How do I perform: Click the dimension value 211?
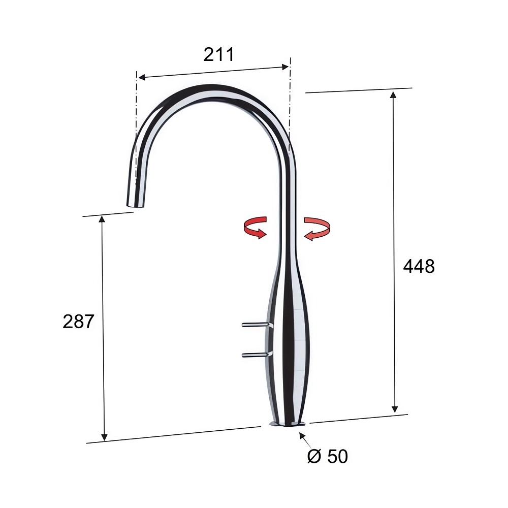pos(218,54)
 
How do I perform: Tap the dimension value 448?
pos(419,267)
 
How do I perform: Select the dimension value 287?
pos(78,322)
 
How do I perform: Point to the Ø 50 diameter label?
pos(327,456)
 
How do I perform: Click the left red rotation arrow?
pos(255,228)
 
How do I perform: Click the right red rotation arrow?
pos(317,229)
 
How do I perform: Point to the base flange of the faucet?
pos(287,424)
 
